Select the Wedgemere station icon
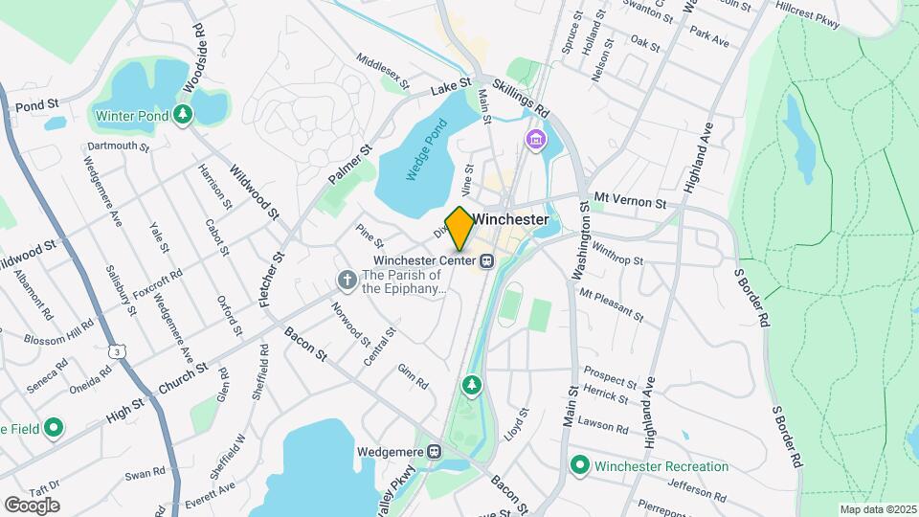(435, 451)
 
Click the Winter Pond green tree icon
(183, 116)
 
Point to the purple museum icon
(535, 143)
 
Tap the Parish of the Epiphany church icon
(347, 280)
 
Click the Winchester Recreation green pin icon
(579, 466)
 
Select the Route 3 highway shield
(117, 351)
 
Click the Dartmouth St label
(118, 147)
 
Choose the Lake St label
(452, 87)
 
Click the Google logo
(32, 506)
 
